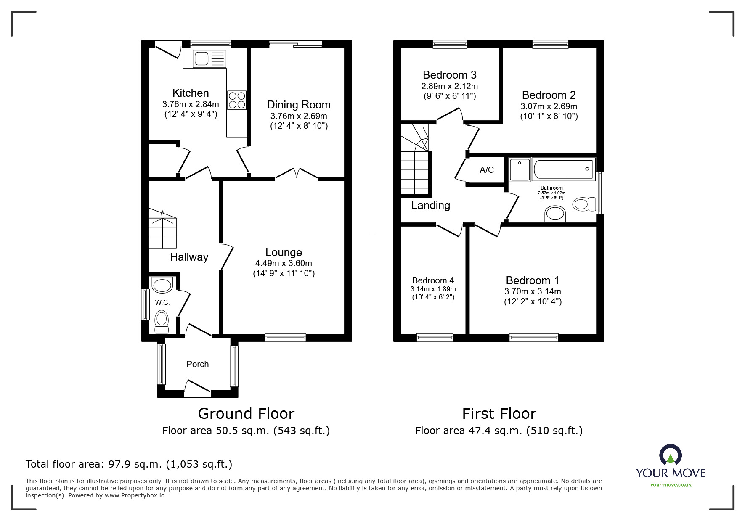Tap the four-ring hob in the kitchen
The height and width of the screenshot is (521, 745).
coord(237,100)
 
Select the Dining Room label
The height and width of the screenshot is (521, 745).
coord(299,105)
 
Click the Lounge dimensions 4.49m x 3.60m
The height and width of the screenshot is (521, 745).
coord(284,263)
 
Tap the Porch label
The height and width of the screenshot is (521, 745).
coord(197,364)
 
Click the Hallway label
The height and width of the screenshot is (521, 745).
coord(189,257)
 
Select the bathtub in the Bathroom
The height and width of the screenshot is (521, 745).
coord(563,169)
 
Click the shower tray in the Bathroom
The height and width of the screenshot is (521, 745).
coord(520,169)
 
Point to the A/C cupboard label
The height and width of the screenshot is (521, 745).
coord(487,170)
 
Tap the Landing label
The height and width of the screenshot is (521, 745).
coord(430,205)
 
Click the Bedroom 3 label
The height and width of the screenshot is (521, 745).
coord(449,75)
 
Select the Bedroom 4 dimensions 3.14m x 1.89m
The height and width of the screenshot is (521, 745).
coord(433,289)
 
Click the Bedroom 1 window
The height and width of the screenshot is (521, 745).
coord(533,337)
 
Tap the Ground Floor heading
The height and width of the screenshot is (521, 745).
coord(246,414)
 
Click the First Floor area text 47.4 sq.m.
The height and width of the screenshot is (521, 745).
coord(498,431)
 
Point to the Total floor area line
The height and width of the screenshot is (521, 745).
coord(129,464)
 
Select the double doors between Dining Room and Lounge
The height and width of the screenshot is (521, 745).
coord(297,174)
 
